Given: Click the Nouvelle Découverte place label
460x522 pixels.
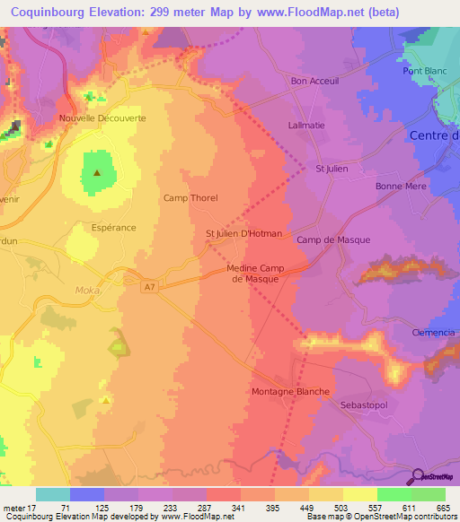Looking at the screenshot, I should point(102,117).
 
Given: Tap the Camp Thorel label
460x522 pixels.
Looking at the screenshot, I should point(190,198).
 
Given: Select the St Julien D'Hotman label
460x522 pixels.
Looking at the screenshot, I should point(243,234).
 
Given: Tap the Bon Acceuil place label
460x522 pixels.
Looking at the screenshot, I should point(314,81).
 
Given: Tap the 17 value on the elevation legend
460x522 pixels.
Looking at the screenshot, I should point(36,508).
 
